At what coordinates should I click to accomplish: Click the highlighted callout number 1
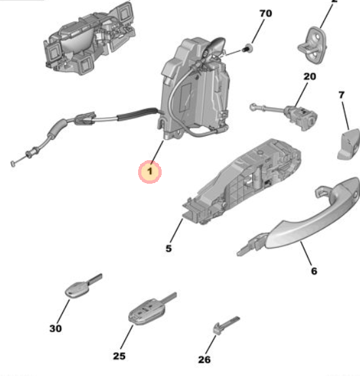pyautogui.click(x=149, y=172)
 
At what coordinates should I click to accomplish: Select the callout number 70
pyautogui.click(x=265, y=13)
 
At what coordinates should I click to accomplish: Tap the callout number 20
pyautogui.click(x=309, y=77)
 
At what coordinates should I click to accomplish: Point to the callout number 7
pyautogui.click(x=341, y=95)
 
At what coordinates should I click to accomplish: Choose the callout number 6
pyautogui.click(x=314, y=271)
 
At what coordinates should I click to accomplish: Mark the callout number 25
pyautogui.click(x=118, y=356)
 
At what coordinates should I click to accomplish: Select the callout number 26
pyautogui.click(x=205, y=358)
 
